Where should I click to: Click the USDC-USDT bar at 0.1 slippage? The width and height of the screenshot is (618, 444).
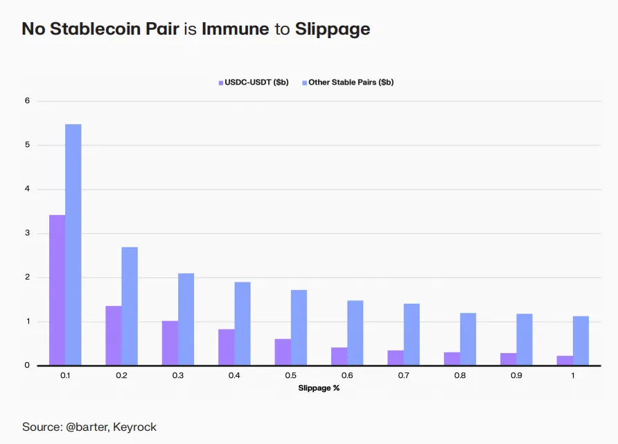pos(57,290)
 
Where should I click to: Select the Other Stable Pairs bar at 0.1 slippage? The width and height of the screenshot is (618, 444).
pos(73,244)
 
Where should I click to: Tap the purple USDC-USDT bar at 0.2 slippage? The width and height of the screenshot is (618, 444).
pos(114,335)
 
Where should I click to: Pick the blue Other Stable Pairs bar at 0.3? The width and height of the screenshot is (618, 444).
pos(186,319)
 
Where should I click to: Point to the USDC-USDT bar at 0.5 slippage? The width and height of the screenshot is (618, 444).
pos(283,352)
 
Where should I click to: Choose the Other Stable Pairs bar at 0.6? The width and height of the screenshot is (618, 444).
pos(355,332)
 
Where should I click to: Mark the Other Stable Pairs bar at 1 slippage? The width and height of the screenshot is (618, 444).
pos(581,341)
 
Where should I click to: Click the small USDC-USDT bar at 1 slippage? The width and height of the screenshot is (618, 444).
pos(565,360)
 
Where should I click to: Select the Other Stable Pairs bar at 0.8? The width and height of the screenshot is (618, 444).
pos(468,339)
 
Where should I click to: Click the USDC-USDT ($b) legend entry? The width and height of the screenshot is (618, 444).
pos(254,82)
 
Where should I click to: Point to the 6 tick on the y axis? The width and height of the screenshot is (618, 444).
pos(28,101)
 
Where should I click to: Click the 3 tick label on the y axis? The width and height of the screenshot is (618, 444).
pos(28,233)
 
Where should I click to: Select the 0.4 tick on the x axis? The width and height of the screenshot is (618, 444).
pos(234,375)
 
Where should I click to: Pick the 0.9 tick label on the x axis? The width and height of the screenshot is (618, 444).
pos(516,375)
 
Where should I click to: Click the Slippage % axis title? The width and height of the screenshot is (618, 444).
pos(319,388)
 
